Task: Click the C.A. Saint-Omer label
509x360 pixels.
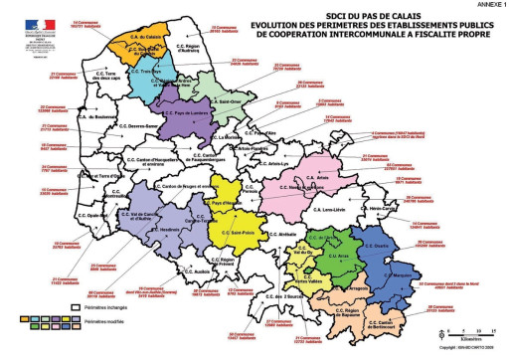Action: pos(228,101)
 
